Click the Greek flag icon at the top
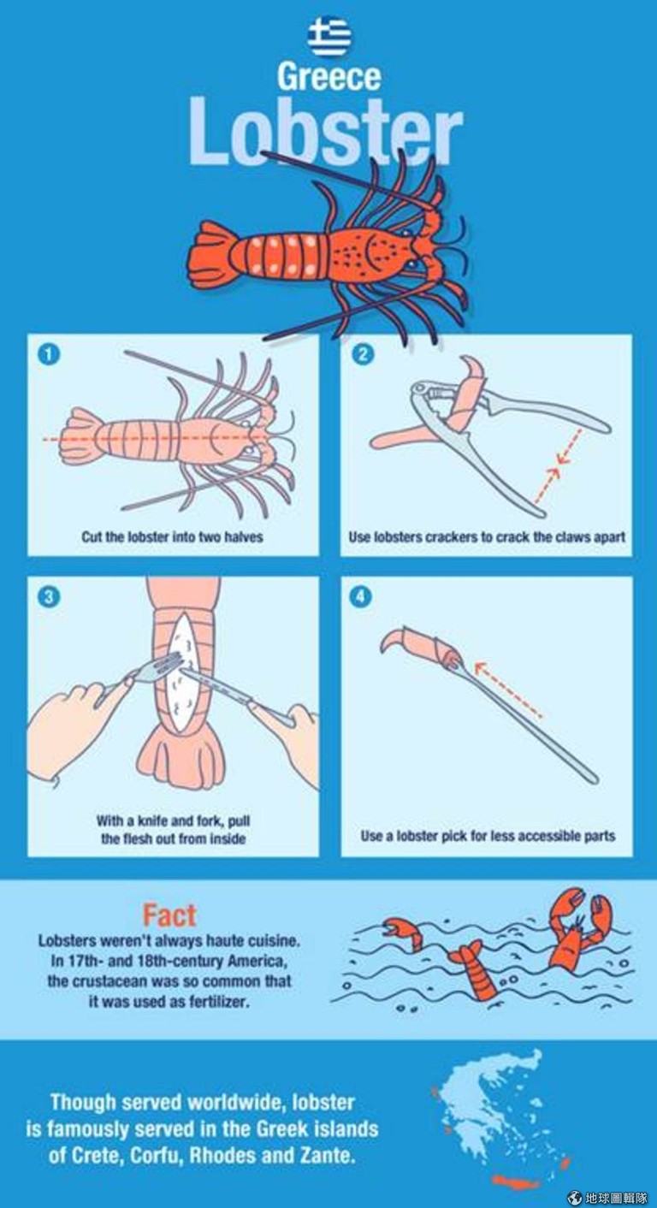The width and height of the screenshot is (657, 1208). (x=329, y=37)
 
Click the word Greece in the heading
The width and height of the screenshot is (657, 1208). (x=329, y=77)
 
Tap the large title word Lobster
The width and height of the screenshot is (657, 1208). (x=326, y=132)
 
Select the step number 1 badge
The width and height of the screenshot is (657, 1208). (x=49, y=354)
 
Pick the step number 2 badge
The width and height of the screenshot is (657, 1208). (x=362, y=354)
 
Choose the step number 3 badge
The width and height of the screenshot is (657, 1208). (x=49, y=597)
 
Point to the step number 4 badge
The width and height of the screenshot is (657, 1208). (x=361, y=597)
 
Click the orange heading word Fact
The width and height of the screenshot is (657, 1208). (x=169, y=915)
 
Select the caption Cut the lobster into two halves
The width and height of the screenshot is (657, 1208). (x=172, y=536)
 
